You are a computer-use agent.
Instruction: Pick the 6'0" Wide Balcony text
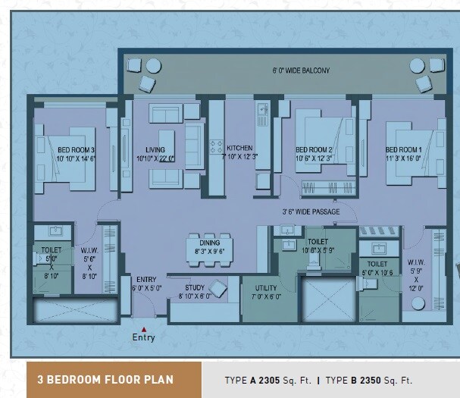[301, 71]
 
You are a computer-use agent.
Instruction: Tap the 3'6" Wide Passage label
[305, 212]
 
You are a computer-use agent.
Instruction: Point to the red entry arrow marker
[144, 328]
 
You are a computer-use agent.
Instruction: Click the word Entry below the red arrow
[144, 338]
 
